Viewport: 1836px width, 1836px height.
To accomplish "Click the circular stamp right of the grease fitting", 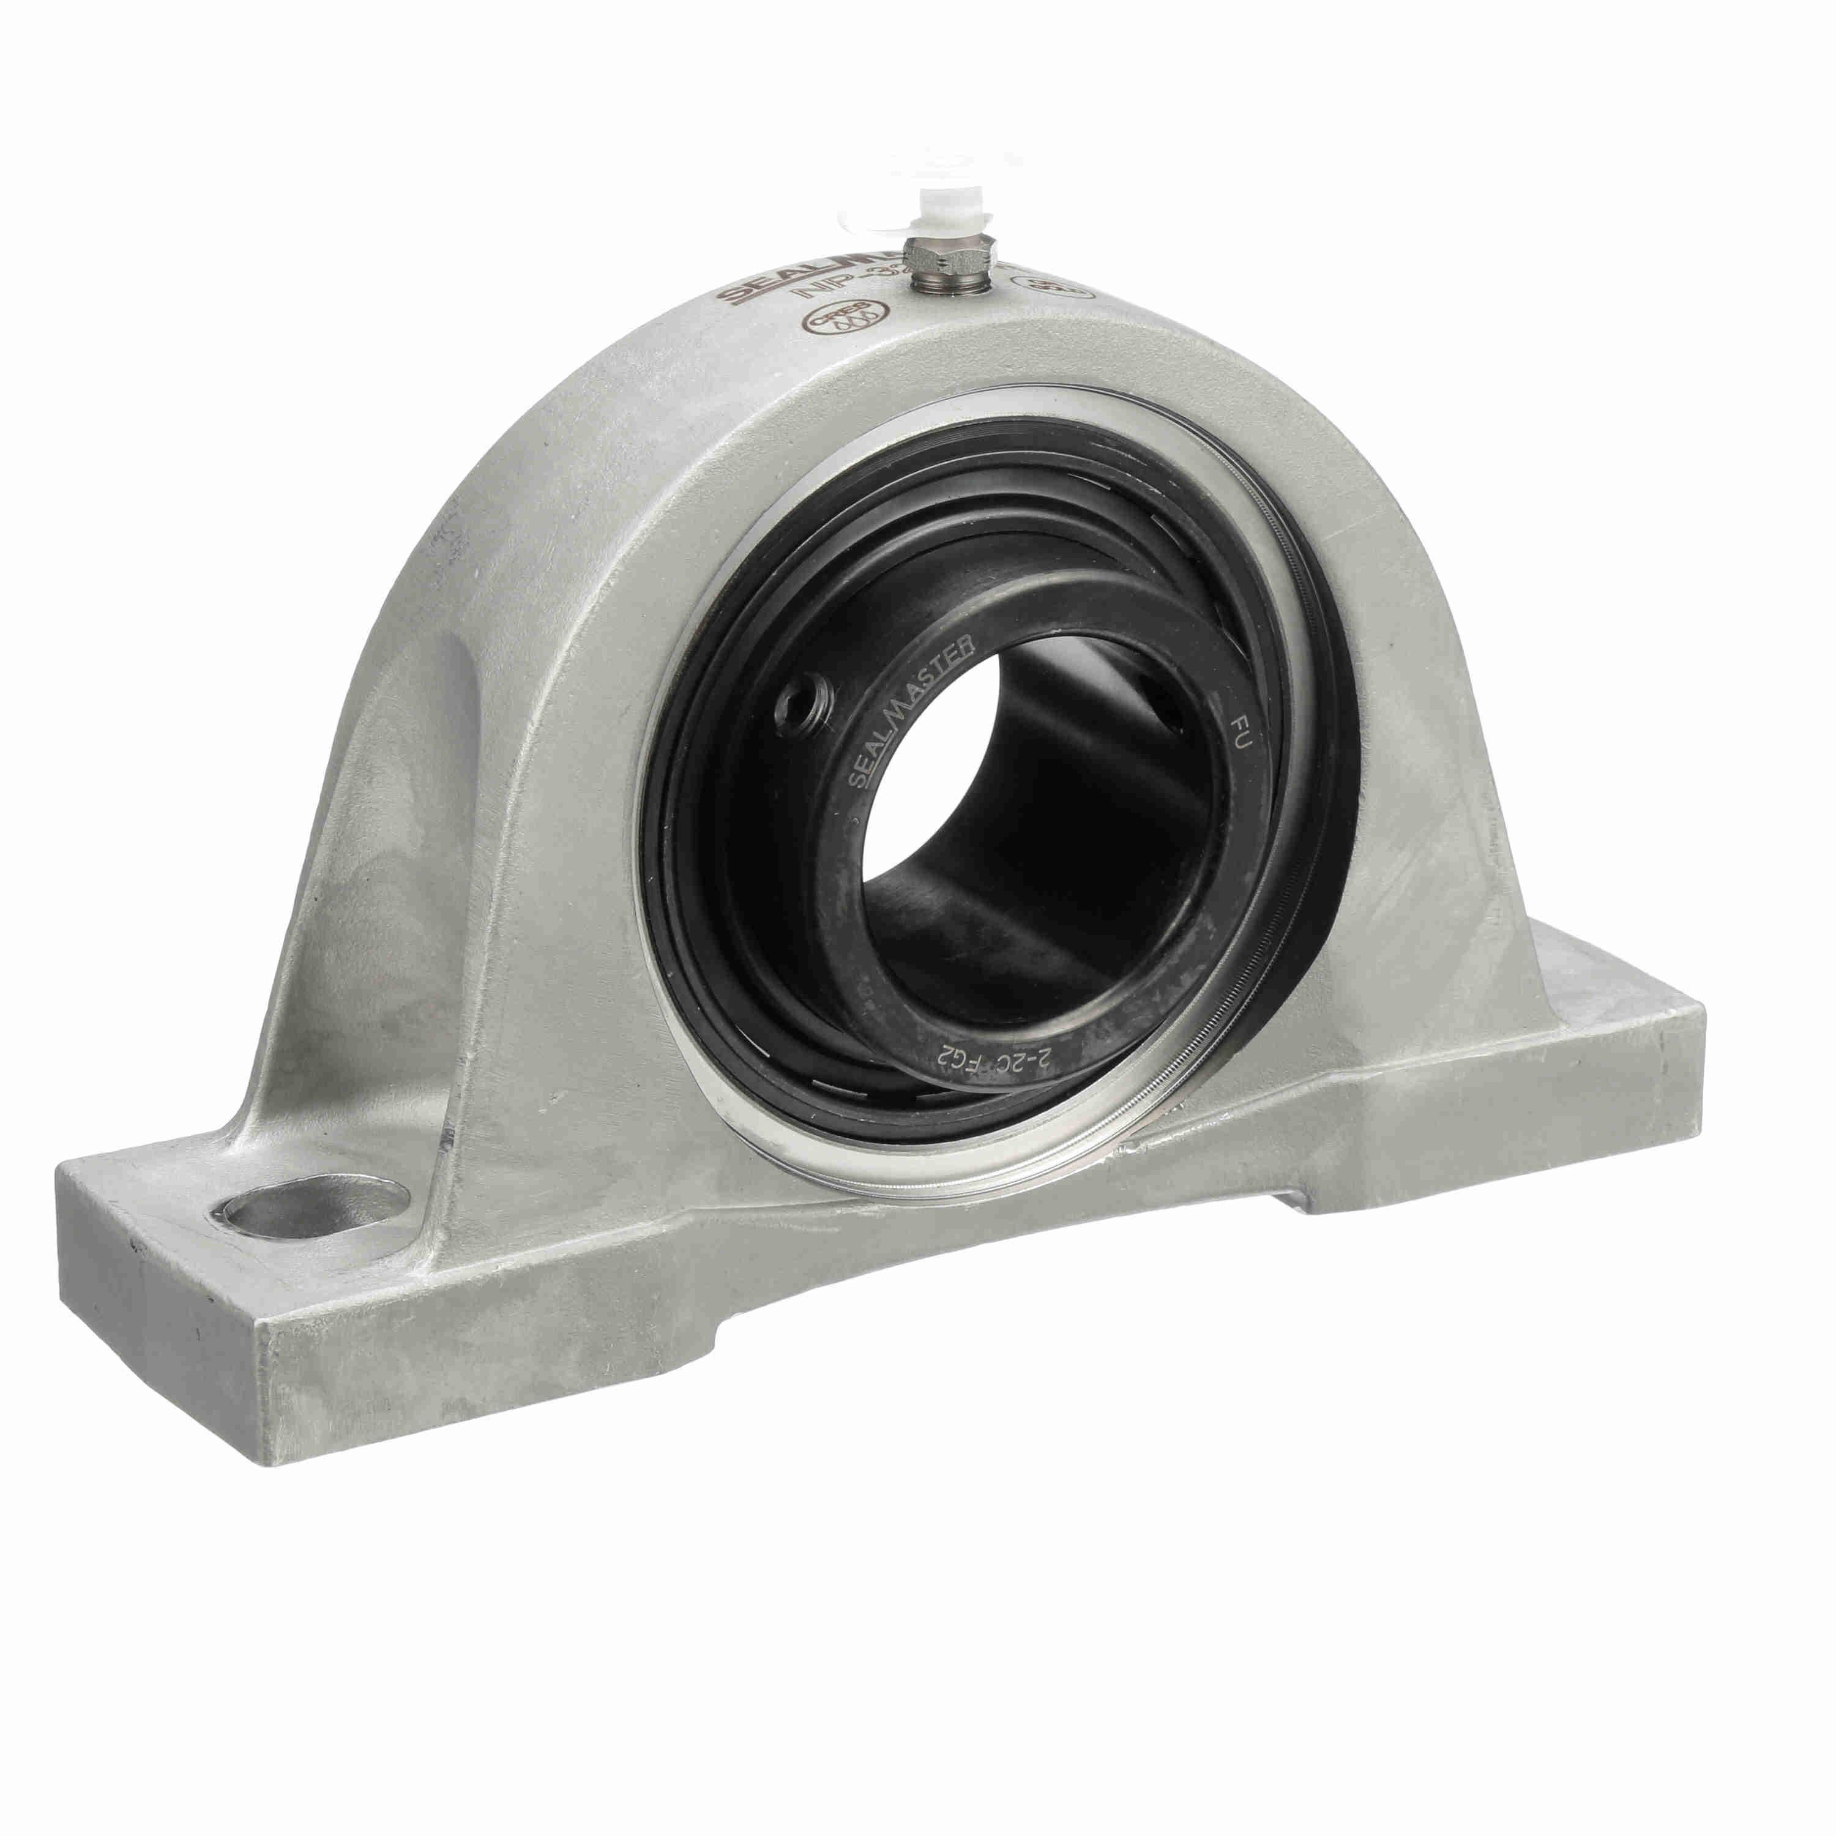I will pos(1055,282).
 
